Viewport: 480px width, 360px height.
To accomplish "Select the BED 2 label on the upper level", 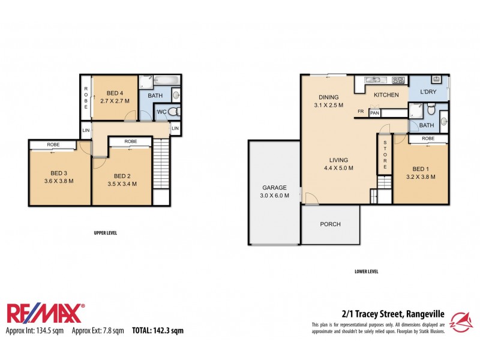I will [122, 176].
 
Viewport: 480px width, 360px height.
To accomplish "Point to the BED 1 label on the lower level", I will [419, 169].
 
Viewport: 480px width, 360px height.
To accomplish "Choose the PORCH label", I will [330, 224].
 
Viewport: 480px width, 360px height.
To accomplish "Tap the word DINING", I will [328, 97].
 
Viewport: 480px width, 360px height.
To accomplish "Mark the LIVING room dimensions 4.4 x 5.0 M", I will [338, 168].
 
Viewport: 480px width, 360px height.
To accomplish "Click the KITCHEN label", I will [386, 95].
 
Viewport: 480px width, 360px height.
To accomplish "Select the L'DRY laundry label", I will [428, 91].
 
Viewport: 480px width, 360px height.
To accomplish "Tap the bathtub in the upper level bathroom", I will [157, 80].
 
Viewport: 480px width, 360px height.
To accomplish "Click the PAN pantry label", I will [374, 113].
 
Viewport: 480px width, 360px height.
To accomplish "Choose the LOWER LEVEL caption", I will [366, 272].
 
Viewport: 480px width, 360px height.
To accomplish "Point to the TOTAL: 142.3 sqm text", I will [158, 331].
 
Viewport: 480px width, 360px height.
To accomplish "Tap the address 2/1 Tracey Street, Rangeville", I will [393, 313].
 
